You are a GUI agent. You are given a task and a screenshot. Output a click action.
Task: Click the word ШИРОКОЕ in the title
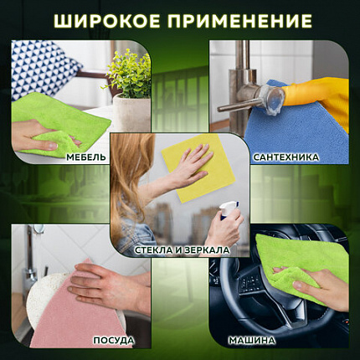[x=109, y=20]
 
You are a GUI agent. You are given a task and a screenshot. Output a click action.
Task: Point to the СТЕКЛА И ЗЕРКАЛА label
[x=180, y=249]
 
